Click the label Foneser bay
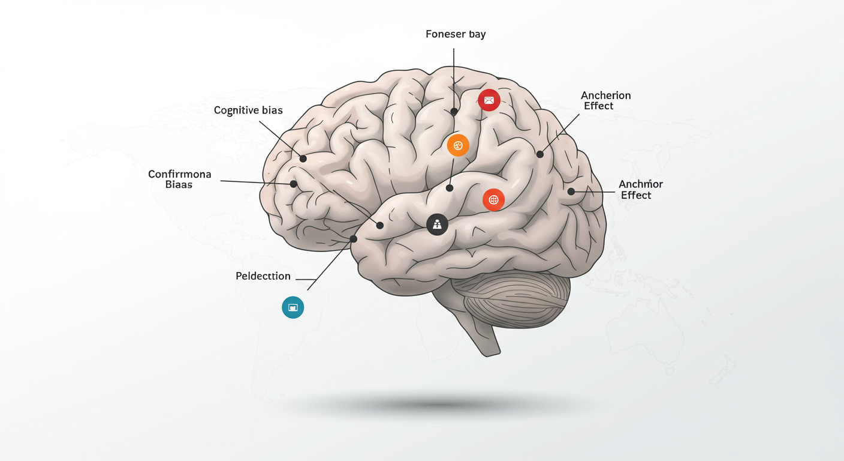tap(456, 34)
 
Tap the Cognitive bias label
tap(248, 110)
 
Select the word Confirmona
tap(180, 174)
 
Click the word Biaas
tap(179, 185)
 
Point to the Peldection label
tap(263, 276)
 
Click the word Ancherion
tap(605, 95)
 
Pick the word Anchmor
tap(641, 184)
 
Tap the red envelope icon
tap(489, 100)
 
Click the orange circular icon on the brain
tap(458, 145)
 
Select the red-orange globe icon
tap(493, 200)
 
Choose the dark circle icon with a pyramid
tap(437, 224)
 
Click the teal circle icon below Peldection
tap(293, 307)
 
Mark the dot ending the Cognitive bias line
tap(303, 158)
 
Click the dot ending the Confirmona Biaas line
tap(294, 184)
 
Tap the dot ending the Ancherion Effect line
tap(539, 154)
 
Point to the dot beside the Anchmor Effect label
tap(571, 191)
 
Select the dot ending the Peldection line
tap(354, 239)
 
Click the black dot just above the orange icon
tap(454, 112)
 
